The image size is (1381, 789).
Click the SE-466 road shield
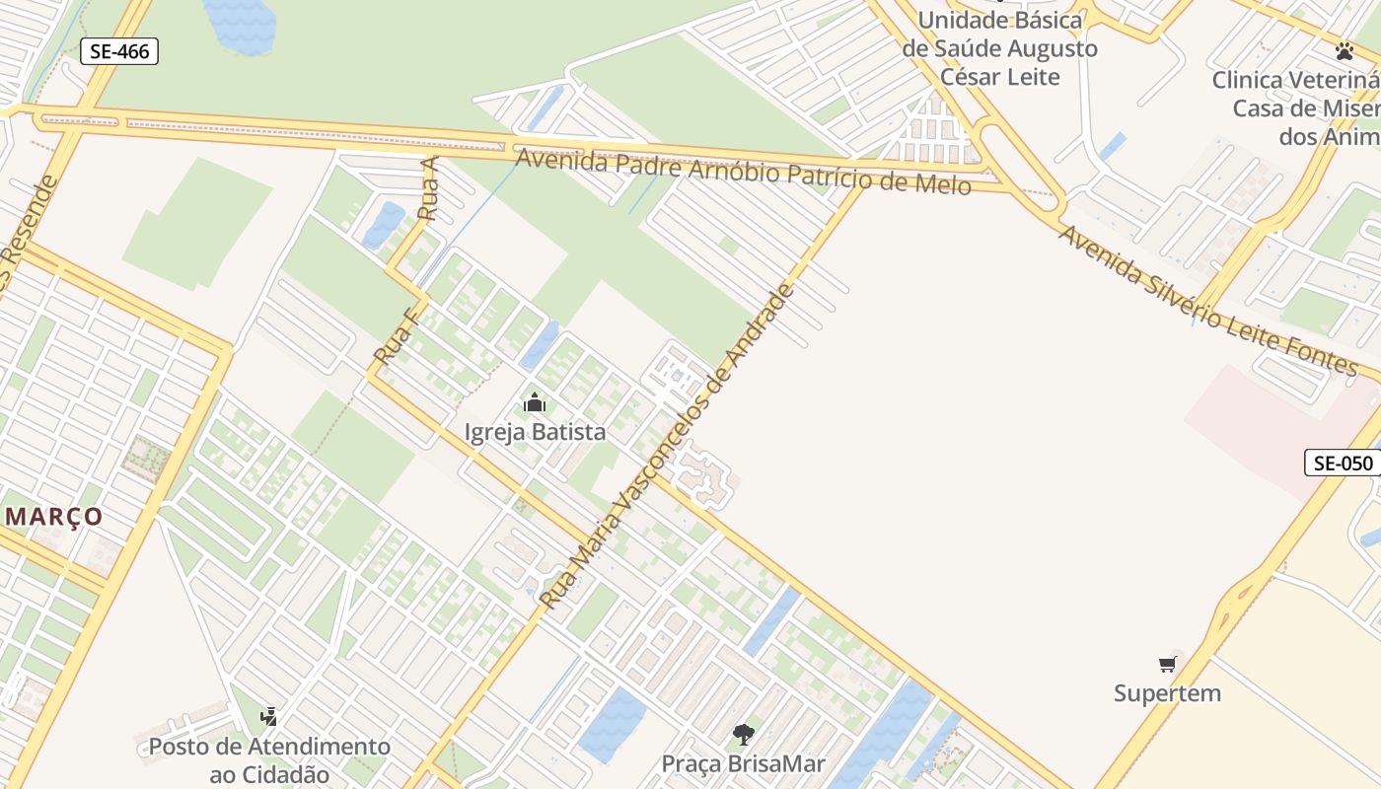tap(119, 51)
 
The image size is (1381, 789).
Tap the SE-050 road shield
tap(1343, 463)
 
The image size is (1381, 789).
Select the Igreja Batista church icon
tap(535, 402)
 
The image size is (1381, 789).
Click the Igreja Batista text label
tap(535, 432)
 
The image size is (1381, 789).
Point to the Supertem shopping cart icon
tap(1168, 664)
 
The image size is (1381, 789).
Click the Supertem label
tap(1168, 693)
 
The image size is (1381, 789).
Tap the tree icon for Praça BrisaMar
tap(743, 734)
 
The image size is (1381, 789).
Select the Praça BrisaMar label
tap(743, 763)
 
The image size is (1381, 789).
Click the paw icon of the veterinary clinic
tap(1345, 50)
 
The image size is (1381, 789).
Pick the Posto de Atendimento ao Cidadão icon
tap(268, 716)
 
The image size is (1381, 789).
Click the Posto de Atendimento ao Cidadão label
tap(269, 759)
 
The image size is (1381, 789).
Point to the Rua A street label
tap(428, 188)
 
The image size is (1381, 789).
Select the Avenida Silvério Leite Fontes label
tap(1207, 300)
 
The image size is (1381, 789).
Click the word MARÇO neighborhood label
tap(54, 516)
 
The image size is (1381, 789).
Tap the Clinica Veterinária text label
tap(1297, 108)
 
